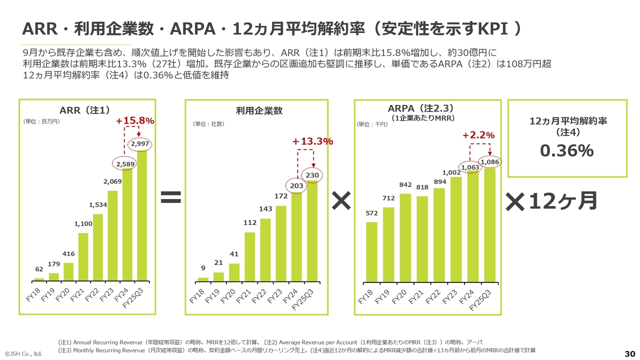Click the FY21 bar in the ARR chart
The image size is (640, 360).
point(83,256)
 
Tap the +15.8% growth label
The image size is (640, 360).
point(135,121)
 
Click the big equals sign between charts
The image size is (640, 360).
point(170,199)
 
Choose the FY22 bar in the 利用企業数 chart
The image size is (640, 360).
point(265,249)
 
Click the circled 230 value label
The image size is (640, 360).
point(312,175)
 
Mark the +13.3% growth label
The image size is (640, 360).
point(312,141)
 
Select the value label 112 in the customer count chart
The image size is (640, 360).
point(250,223)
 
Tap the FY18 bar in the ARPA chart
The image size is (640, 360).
point(371,251)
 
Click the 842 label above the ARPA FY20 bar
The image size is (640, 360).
point(405,185)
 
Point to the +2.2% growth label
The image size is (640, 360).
point(478,135)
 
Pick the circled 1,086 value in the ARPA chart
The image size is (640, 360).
point(490,162)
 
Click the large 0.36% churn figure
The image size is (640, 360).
point(566,150)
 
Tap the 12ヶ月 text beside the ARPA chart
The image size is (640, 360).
point(563,201)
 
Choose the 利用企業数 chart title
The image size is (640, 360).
point(259,111)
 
